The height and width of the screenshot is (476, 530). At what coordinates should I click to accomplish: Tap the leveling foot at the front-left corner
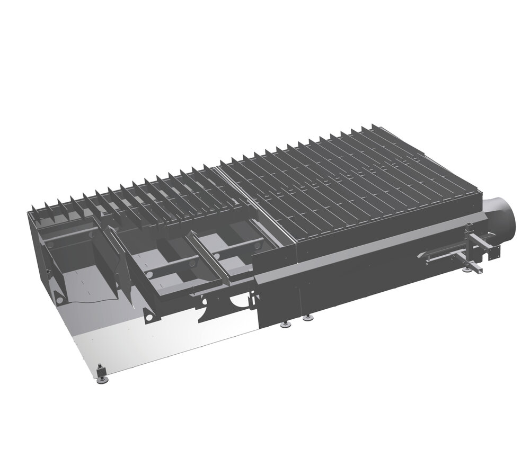click(x=101, y=373)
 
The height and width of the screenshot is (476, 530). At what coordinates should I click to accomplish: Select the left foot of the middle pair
click(x=287, y=324)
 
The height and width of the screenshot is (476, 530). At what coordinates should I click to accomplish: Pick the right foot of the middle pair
click(x=308, y=318)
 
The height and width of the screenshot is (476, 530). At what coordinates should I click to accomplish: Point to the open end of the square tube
click(x=479, y=271)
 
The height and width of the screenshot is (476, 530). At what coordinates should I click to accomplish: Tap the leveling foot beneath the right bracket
click(x=466, y=269)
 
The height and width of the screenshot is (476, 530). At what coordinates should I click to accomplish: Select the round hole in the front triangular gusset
click(x=150, y=316)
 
